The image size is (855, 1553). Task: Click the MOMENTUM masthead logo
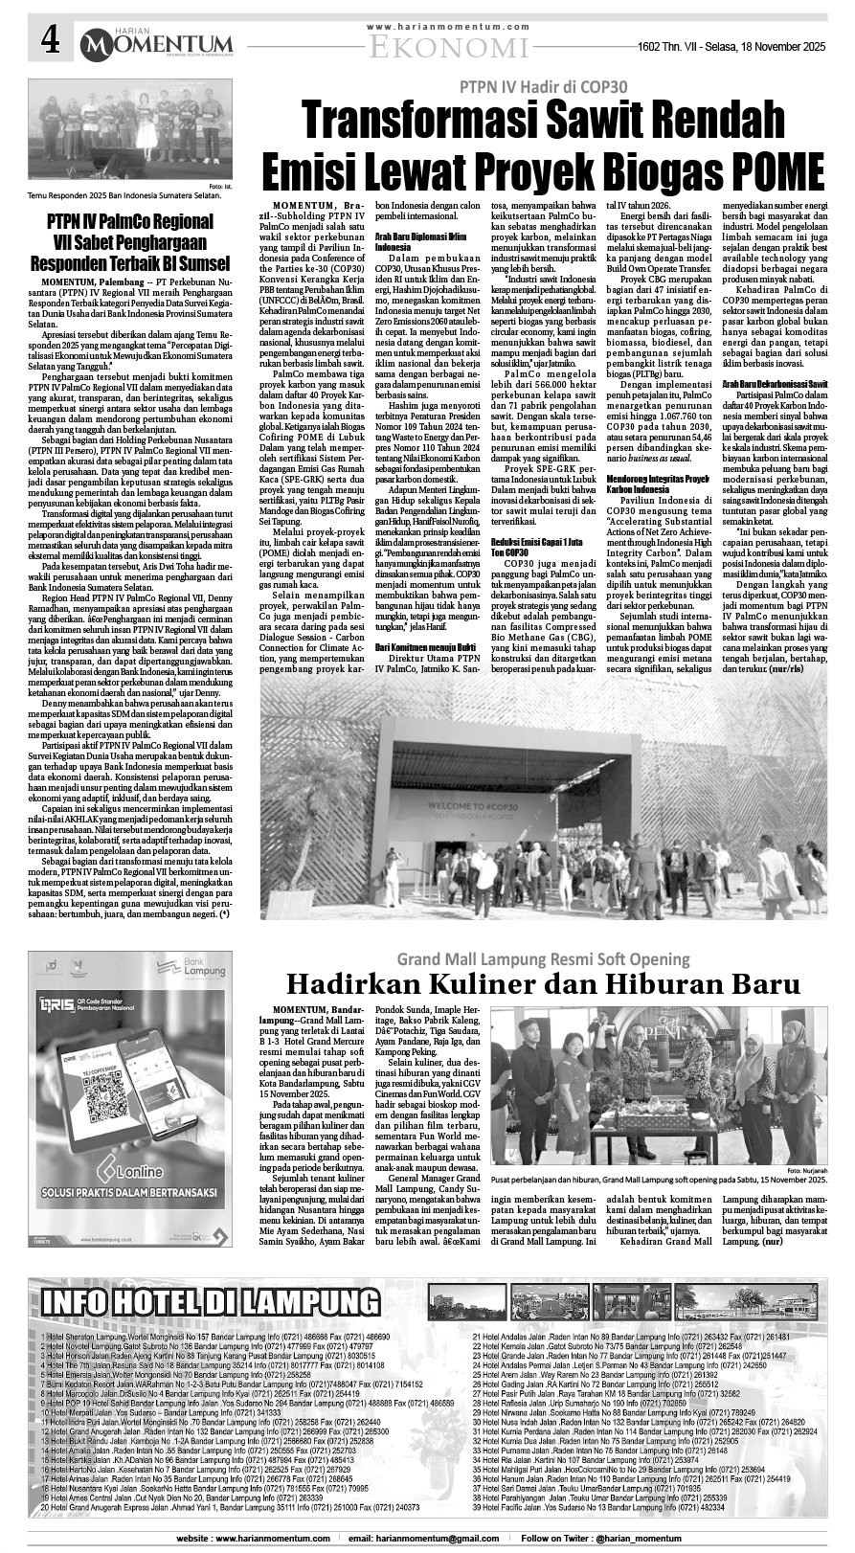coord(157,43)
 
